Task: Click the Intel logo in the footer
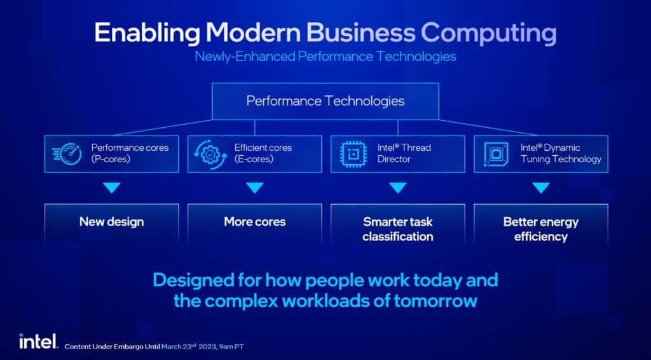pos(38,342)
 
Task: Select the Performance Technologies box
pos(325,101)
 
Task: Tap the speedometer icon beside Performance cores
pos(67,154)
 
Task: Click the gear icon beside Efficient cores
pos(210,154)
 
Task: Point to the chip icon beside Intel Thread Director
pos(353,154)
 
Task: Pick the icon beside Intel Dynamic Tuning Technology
pos(496,154)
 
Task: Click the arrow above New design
pos(112,188)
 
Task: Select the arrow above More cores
pos(254,188)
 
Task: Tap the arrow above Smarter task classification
pos(398,188)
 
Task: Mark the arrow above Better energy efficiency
pos(540,188)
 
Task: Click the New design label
pos(112,222)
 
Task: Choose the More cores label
pos(254,222)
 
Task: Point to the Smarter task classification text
pos(398,229)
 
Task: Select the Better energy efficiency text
pos(540,229)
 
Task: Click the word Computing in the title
pos(489,33)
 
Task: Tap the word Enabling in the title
pos(147,32)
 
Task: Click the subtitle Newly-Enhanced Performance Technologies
pos(325,56)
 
